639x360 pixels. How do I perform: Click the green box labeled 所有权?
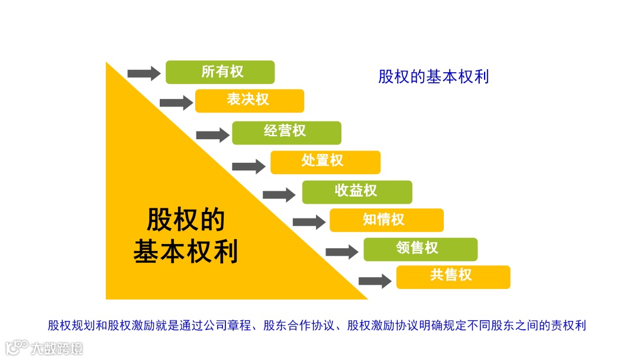pyautogui.click(x=220, y=72)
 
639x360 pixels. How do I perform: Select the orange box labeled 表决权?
pyautogui.click(x=249, y=101)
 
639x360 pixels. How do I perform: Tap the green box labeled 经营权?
pyautogui.click(x=286, y=133)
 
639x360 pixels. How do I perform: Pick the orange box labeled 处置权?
pyautogui.click(x=325, y=162)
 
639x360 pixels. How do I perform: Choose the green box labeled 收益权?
pyautogui.click(x=357, y=192)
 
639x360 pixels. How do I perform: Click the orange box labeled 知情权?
pyautogui.click(x=386, y=220)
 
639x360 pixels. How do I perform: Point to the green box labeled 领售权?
pyautogui.click(x=420, y=249)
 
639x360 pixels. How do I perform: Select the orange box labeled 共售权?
pyautogui.click(x=453, y=277)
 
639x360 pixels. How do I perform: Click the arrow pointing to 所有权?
pyautogui.click(x=144, y=73)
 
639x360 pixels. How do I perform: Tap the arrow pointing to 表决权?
pyautogui.click(x=176, y=102)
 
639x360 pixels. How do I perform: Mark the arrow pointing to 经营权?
pyautogui.click(x=212, y=135)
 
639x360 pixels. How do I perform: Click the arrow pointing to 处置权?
pyautogui.click(x=248, y=166)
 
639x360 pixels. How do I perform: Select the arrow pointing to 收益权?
pyautogui.click(x=279, y=194)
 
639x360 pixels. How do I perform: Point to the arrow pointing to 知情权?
pyautogui.click(x=309, y=222)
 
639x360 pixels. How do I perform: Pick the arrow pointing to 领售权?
pyautogui.click(x=342, y=252)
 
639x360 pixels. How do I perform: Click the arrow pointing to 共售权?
pyautogui.click(x=375, y=281)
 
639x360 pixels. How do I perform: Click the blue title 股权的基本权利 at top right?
pyautogui.click(x=433, y=77)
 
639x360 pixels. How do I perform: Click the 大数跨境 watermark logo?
pyautogui.click(x=44, y=348)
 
